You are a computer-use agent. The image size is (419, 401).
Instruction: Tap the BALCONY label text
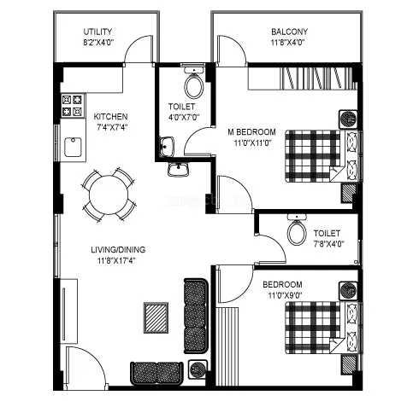[291, 32]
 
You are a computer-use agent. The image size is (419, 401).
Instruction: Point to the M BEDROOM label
[251, 131]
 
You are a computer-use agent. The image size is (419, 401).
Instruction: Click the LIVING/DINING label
[119, 250]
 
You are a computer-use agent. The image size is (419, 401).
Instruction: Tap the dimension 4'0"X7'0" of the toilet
[182, 118]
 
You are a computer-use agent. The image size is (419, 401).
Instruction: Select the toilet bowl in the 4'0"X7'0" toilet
[193, 84]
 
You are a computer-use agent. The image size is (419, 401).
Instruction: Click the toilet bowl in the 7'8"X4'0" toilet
[297, 230]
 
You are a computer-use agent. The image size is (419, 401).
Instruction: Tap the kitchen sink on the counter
[73, 148]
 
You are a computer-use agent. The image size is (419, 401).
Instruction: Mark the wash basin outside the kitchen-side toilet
[179, 168]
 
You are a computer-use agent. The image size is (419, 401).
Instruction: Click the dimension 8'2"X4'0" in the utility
[98, 43]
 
